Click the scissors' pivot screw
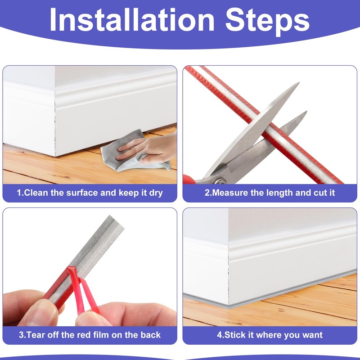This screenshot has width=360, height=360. coord(220,180)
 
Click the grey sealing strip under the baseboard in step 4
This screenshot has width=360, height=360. coord(270,288)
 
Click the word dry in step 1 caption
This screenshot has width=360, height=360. coord(155,193)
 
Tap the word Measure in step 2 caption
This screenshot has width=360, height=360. coord(229,193)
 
